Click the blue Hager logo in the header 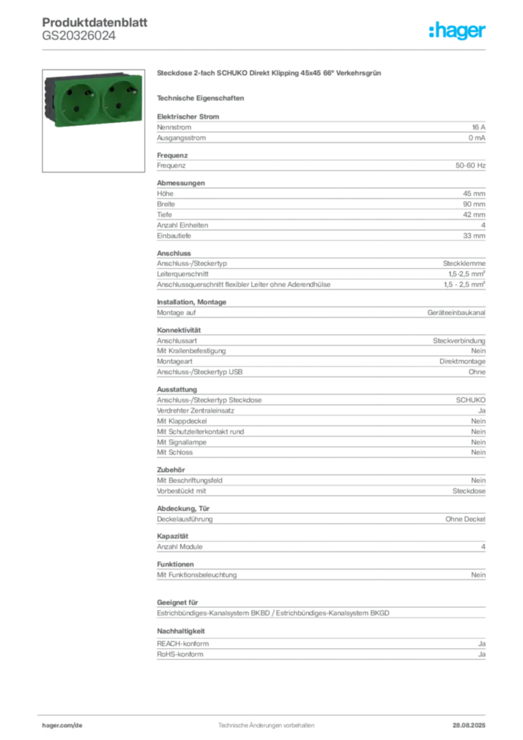click(x=458, y=31)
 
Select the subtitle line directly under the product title click(x=202, y=97)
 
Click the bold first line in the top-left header click(x=94, y=16)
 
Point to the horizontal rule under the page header click(x=265, y=48)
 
